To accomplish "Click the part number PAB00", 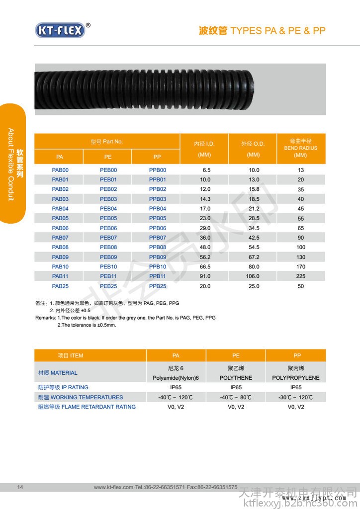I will click(60, 170).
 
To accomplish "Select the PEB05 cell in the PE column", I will click(108, 218).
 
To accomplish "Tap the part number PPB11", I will click(158, 276).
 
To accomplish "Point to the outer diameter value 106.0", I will click(254, 276).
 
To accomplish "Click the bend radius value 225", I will click(301, 276).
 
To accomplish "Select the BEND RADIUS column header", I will click(301, 148).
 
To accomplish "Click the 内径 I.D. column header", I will click(204, 144).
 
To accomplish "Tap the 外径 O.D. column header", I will click(253, 144).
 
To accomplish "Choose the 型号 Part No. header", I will click(107, 142).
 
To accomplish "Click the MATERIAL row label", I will click(58, 373).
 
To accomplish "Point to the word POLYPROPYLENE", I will click(296, 378).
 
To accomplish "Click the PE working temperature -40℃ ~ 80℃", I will click(236, 397).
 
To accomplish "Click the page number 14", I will click(20, 487).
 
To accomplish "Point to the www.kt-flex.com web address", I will click(114, 487).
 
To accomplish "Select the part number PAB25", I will click(60, 286).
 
